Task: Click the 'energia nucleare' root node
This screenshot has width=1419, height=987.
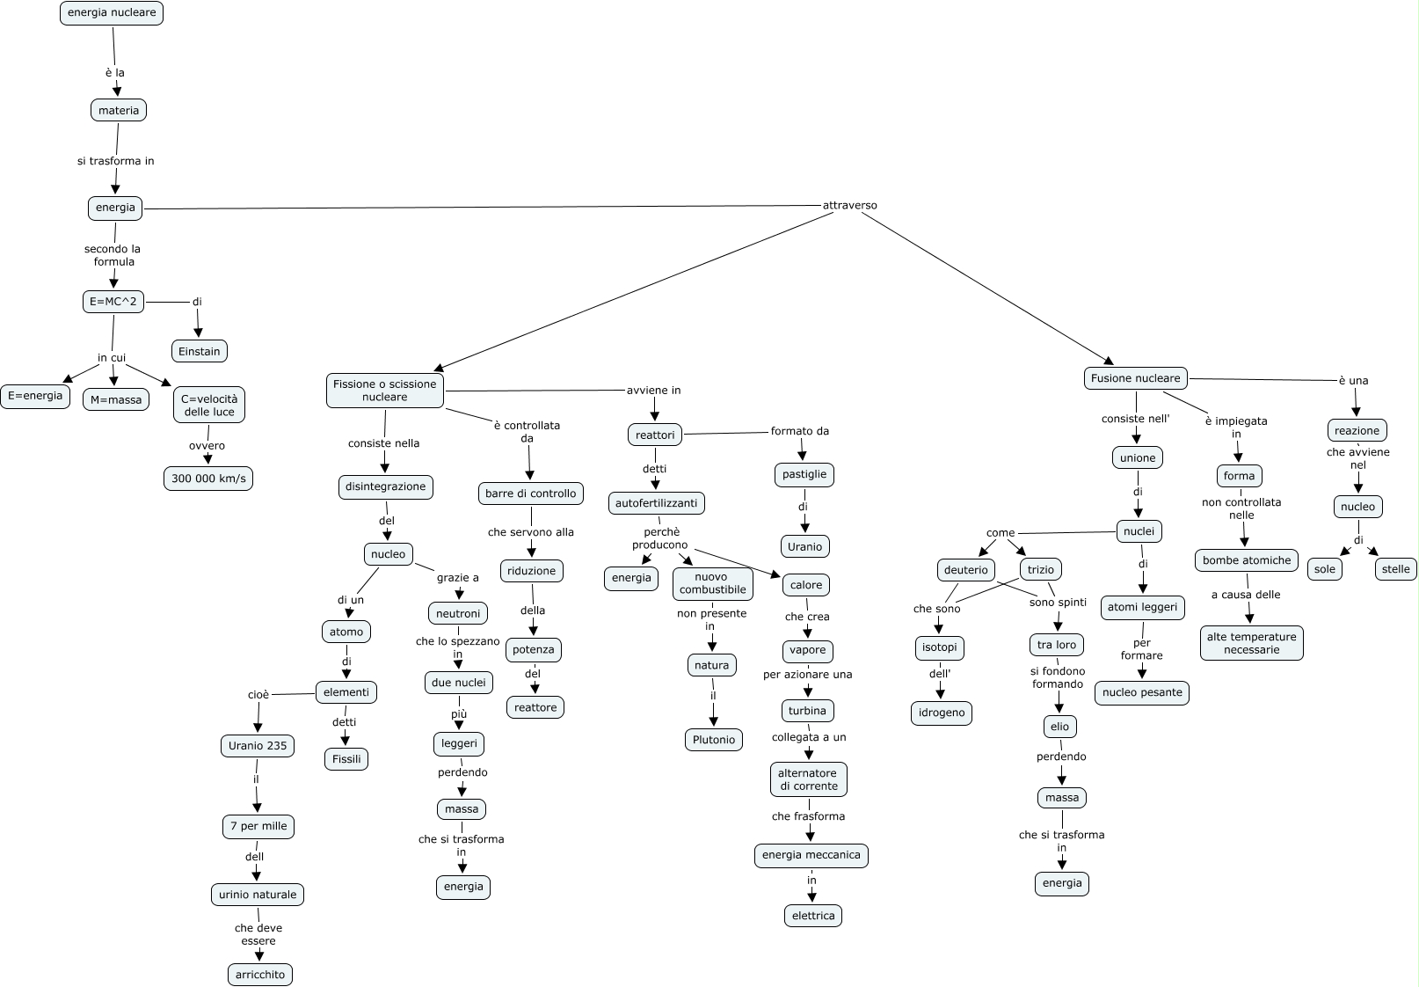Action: click(112, 13)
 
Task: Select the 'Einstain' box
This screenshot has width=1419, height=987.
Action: click(200, 351)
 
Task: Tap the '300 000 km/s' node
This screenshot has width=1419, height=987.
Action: click(208, 479)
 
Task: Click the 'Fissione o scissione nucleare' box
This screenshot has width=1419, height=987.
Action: click(385, 391)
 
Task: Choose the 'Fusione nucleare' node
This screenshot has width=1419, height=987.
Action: click(1135, 378)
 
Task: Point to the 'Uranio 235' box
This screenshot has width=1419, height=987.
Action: click(258, 746)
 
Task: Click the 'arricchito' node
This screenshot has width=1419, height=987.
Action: click(260, 975)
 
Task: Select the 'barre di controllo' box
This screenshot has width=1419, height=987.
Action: click(531, 493)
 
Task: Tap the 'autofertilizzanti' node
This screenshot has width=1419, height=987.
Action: click(657, 503)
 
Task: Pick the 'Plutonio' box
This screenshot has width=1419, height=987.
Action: click(714, 740)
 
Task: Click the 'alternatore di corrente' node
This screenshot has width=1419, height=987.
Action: click(809, 779)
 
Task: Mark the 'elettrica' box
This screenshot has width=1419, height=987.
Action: click(813, 916)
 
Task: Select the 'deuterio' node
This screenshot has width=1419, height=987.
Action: click(966, 570)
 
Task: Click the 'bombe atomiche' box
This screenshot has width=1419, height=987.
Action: click(1247, 560)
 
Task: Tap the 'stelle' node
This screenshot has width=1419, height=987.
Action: click(1395, 569)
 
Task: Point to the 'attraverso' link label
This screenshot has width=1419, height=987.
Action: click(849, 206)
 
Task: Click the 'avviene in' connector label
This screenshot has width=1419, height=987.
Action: click(653, 391)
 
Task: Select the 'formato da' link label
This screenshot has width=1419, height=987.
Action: click(800, 431)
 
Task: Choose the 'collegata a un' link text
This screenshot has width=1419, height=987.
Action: click(809, 737)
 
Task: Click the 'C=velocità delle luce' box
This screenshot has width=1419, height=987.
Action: click(209, 405)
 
